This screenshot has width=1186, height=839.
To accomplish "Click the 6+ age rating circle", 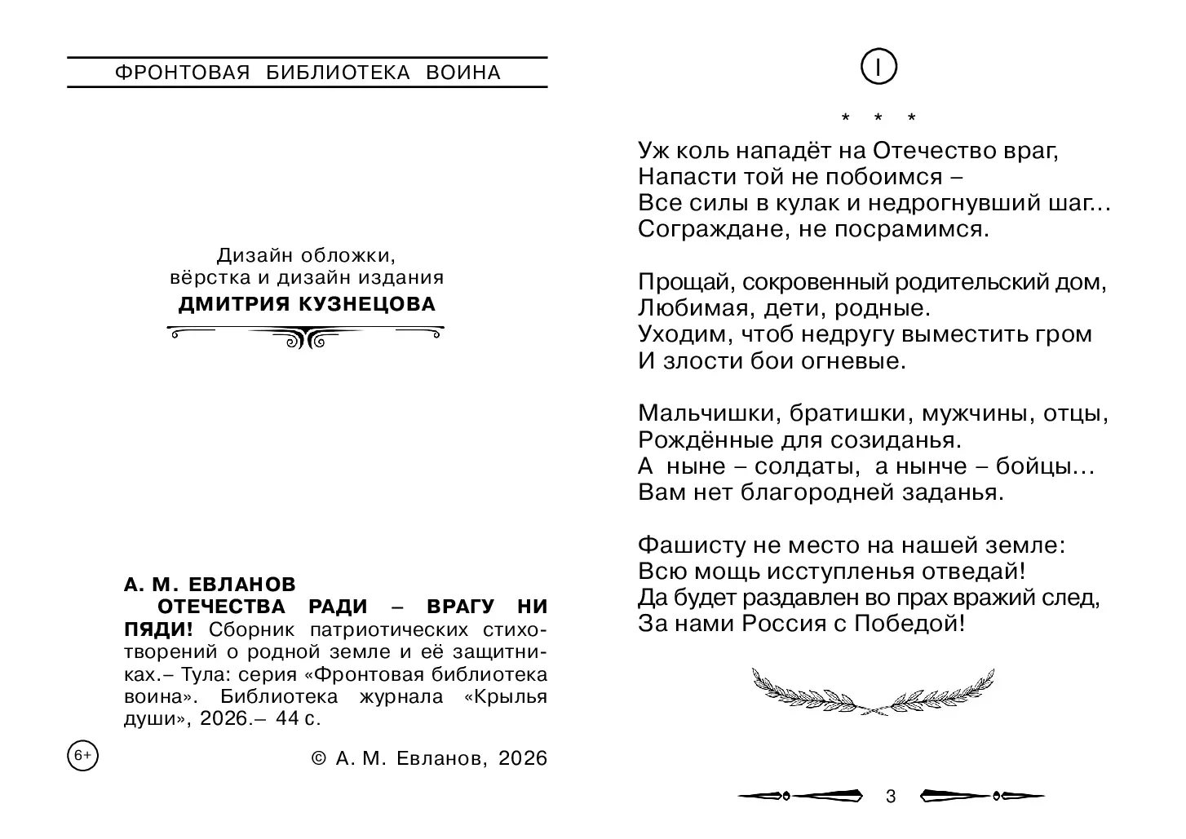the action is pyautogui.click(x=82, y=756).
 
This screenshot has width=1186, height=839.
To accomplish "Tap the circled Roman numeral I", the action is pyautogui.click(x=878, y=68).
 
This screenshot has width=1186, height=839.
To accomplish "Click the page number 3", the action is pyautogui.click(x=891, y=797).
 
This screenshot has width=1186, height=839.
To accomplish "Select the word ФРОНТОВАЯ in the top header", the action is pyautogui.click(x=182, y=73).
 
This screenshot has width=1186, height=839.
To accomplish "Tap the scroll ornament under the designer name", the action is pyautogui.click(x=306, y=335).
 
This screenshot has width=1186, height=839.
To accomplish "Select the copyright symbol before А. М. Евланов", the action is pyautogui.click(x=319, y=759).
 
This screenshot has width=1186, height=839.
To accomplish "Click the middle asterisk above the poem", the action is pyautogui.click(x=878, y=118).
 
